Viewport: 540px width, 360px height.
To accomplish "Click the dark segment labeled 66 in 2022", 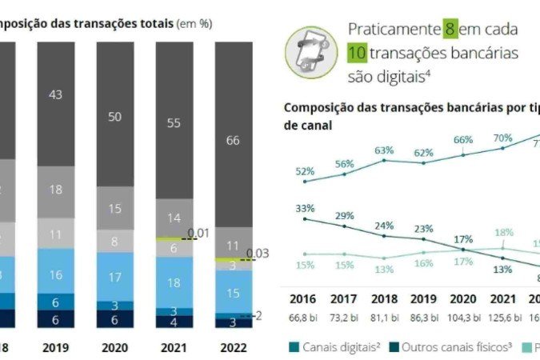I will [x=234, y=141].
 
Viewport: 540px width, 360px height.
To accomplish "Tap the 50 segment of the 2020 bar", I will [x=115, y=117].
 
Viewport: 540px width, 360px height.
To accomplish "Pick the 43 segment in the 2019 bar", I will [x=55, y=95].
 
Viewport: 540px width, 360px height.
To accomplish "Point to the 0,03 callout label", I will [x=257, y=254].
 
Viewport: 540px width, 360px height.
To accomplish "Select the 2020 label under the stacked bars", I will [x=115, y=348].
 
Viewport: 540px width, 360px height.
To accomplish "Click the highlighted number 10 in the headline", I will [x=357, y=53].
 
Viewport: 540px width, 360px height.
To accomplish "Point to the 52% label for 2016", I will [x=305, y=171].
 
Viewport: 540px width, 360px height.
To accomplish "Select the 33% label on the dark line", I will [x=305, y=208].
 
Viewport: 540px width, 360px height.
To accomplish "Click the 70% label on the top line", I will [x=502, y=138].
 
